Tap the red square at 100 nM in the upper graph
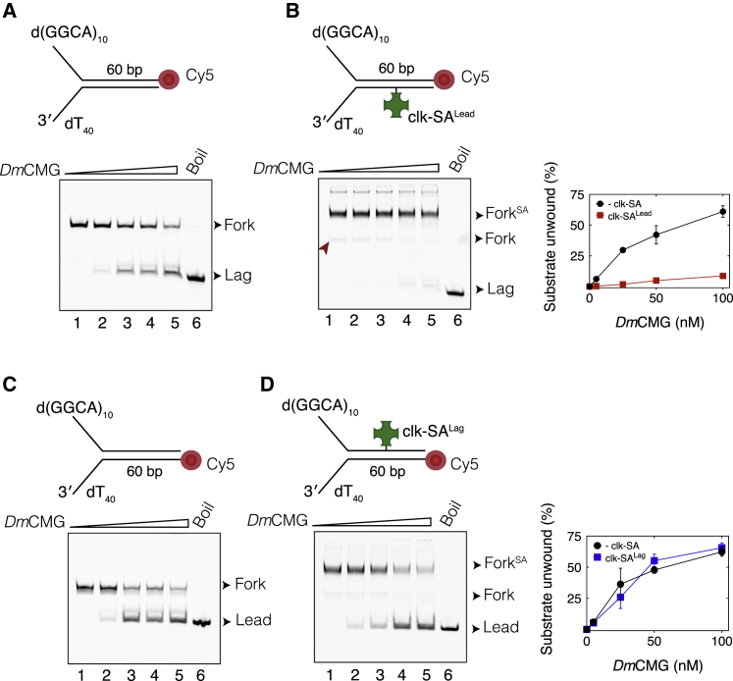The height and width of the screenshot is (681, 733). click(722, 276)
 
